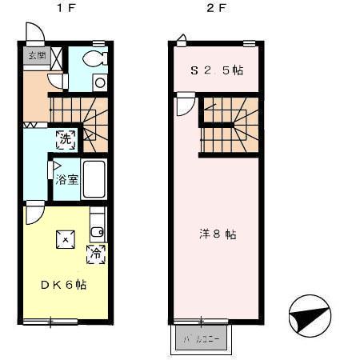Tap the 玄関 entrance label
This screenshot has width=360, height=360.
(x=35, y=56)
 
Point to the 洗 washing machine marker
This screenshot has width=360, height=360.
(x=66, y=138)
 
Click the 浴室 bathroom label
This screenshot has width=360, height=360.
(x=67, y=180)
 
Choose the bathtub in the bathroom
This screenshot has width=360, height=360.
(x=94, y=181)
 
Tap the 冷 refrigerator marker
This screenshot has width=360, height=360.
(x=95, y=254)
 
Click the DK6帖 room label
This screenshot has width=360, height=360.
(x=63, y=285)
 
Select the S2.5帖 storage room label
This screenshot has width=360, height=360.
(x=216, y=70)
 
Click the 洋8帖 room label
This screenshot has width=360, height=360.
(x=217, y=234)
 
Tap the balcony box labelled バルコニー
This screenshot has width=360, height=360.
(x=200, y=338)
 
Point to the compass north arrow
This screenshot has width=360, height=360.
(x=310, y=314)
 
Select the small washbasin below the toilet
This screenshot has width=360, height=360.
(x=99, y=82)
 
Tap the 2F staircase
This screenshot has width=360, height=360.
(x=229, y=126)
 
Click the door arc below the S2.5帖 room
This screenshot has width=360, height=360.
(x=185, y=106)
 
